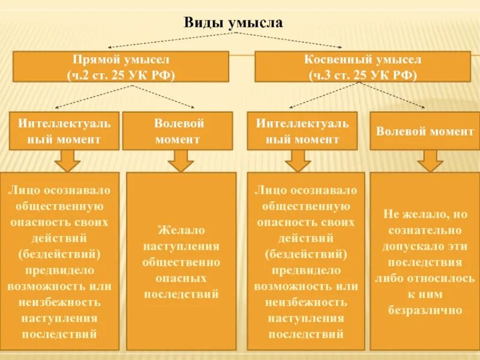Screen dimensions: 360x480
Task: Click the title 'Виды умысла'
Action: pyautogui.click(x=232, y=23)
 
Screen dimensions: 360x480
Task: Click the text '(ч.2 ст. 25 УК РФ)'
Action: pyautogui.click(x=121, y=74)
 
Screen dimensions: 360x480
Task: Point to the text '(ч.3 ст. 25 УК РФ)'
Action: pyautogui.click(x=362, y=74)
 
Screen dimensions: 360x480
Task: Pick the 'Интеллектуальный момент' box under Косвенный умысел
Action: pyautogui.click(x=302, y=131)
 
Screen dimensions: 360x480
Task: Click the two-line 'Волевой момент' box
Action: pyautogui.click(x=178, y=131)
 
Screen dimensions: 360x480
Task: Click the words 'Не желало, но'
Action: pyautogui.click(x=425, y=214)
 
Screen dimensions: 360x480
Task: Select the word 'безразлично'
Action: pyautogui.click(x=425, y=311)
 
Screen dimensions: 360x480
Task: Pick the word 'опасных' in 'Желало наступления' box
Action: pyautogui.click(x=181, y=279)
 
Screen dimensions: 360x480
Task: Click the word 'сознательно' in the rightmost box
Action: pyautogui.click(x=425, y=230)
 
